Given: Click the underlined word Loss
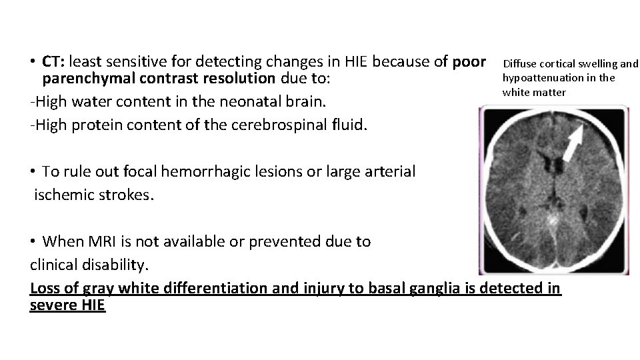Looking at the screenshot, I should [45, 289].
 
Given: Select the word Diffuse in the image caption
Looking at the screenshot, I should [519, 64].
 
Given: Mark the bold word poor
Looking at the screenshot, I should [469, 63].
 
